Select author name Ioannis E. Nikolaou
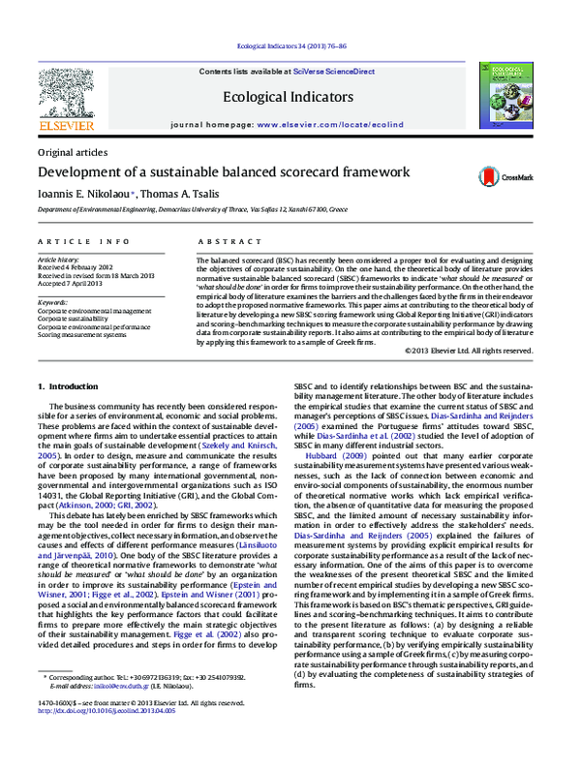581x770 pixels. pyautogui.click(x=85, y=194)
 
